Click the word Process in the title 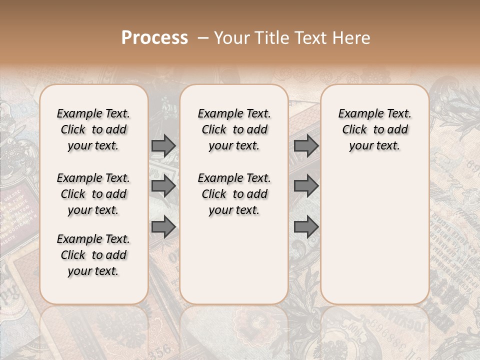coord(154,38)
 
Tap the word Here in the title coord(350,38)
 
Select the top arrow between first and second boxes coord(163,146)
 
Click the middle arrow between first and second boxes coord(163,186)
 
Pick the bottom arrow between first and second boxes coord(163,227)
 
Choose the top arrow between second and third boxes coord(306,146)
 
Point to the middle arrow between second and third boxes coord(306,186)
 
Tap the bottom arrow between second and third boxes coord(306,227)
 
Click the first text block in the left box coord(93,129)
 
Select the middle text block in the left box coord(93,194)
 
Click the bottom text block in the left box coord(93,255)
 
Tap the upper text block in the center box coord(234,129)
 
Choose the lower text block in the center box coord(234,194)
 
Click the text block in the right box coord(374,129)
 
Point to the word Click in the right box coord(354,130)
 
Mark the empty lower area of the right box coord(374,230)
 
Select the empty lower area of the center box coord(234,260)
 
